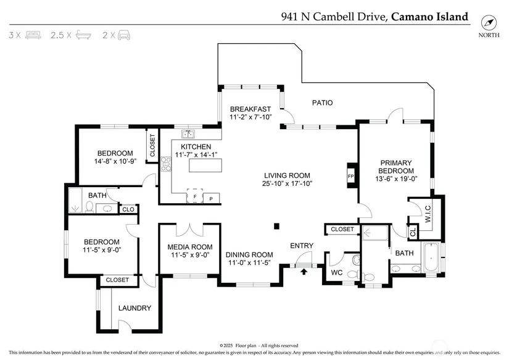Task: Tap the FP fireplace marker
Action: (x=350, y=176)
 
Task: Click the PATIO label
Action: (x=322, y=103)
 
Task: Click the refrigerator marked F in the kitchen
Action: (x=195, y=198)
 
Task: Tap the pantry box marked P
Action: (x=211, y=198)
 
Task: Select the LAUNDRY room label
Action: (x=134, y=308)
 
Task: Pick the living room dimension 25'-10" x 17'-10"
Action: (x=287, y=183)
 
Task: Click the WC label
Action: (x=336, y=272)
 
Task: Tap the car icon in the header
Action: (x=123, y=35)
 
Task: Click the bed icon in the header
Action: (x=33, y=35)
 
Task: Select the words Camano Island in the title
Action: (x=429, y=17)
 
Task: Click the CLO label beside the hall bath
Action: (x=128, y=209)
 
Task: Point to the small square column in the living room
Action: (x=277, y=225)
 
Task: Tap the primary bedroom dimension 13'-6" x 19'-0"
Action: (x=395, y=179)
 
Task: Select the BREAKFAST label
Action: (x=251, y=109)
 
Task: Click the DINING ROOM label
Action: (x=249, y=254)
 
